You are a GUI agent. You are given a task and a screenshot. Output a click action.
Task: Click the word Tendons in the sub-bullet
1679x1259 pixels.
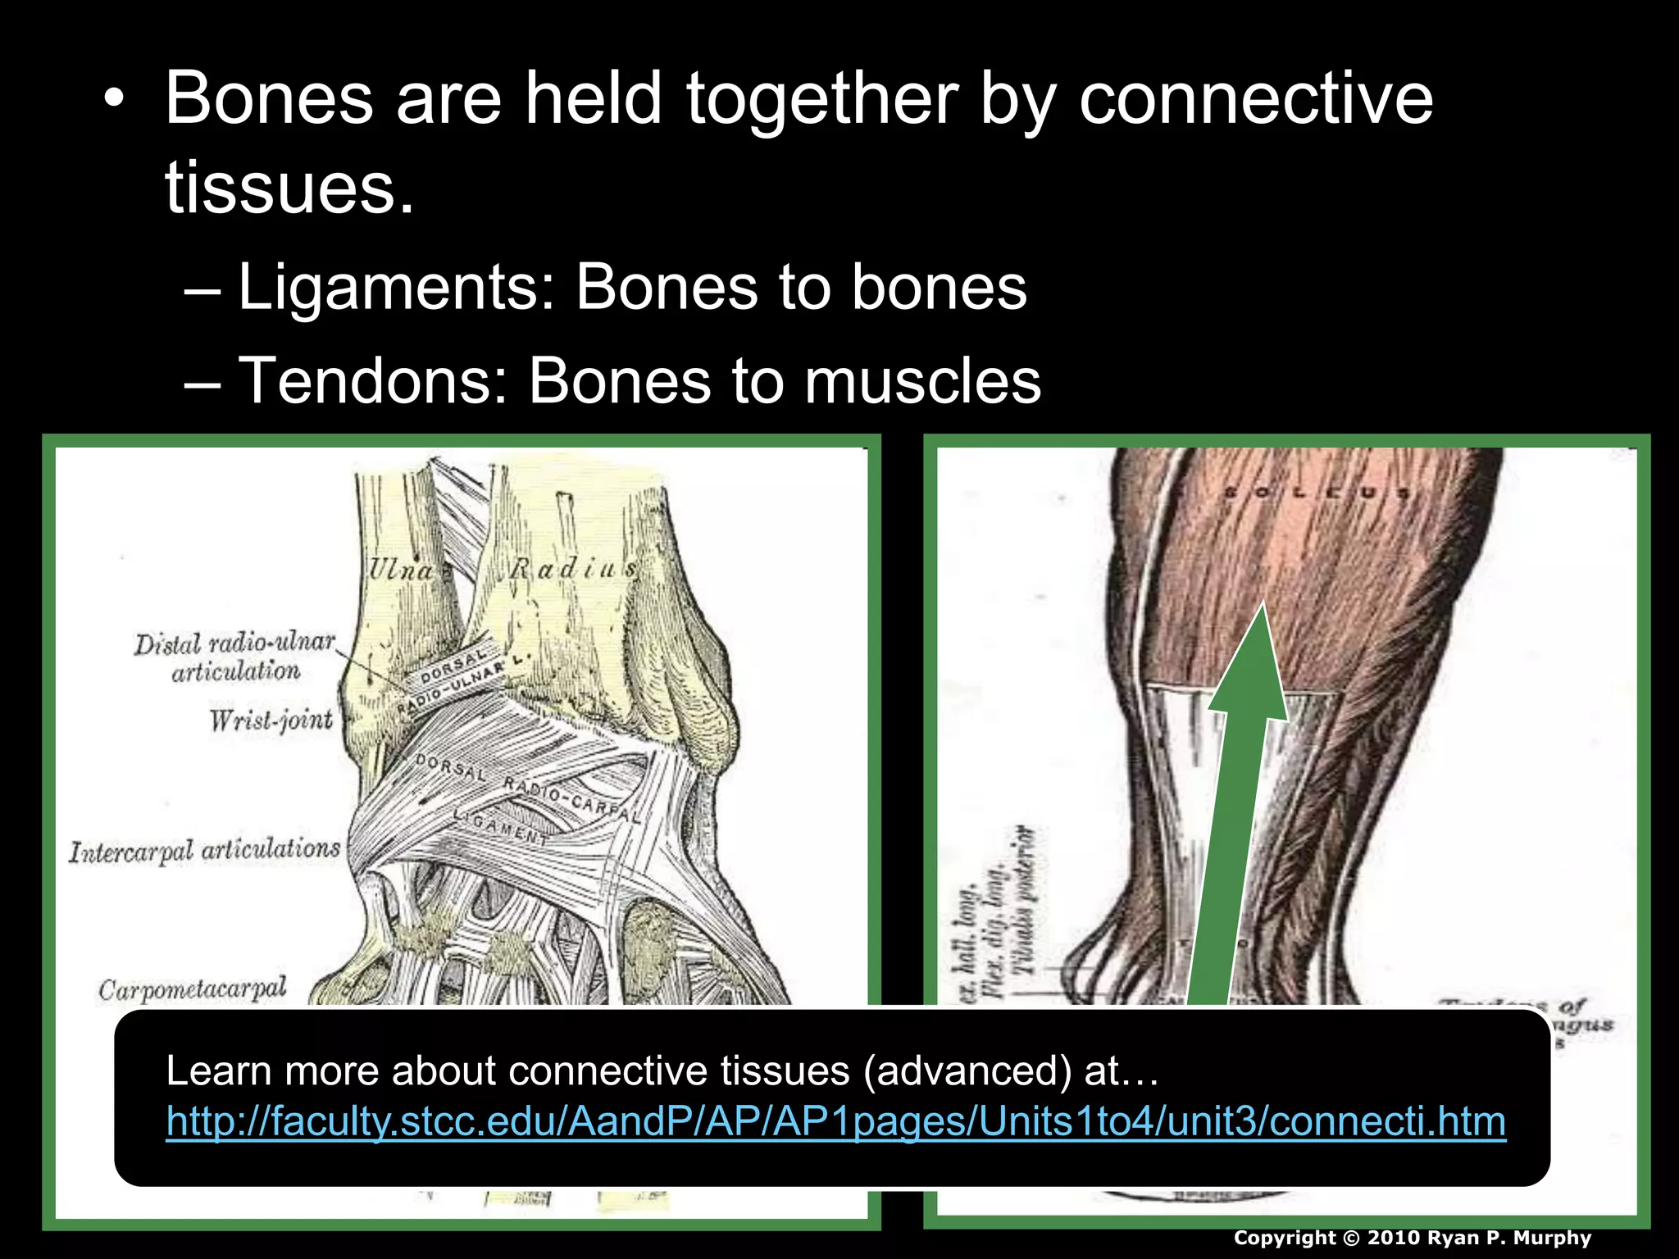pyautogui.click(x=372, y=382)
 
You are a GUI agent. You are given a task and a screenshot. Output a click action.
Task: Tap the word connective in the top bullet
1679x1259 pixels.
pyautogui.click(x=1255, y=100)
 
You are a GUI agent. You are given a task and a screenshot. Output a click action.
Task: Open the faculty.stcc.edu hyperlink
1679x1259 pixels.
pyautogui.click(x=835, y=1121)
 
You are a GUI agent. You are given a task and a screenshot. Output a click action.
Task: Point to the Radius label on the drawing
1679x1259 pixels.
pyautogui.click(x=572, y=568)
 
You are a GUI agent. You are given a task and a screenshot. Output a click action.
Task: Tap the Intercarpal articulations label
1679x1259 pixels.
pyautogui.click(x=204, y=851)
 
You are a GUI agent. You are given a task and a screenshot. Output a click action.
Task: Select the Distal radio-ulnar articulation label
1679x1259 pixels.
pyautogui.click(x=235, y=657)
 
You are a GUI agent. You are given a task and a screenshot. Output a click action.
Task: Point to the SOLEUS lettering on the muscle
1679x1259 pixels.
pyautogui.click(x=1317, y=493)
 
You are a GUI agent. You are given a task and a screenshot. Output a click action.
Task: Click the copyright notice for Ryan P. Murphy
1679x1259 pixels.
pyautogui.click(x=1412, y=1238)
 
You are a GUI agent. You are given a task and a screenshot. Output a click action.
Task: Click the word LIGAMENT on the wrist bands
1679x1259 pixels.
pyautogui.click(x=501, y=825)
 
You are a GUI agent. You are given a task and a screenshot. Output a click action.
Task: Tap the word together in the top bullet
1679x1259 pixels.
pyautogui.click(x=821, y=100)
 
